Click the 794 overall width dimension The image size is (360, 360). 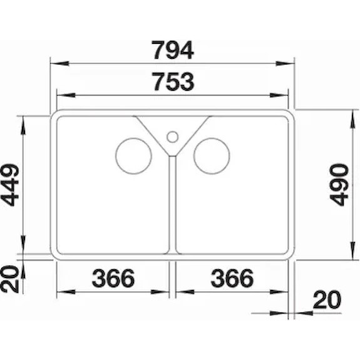173,50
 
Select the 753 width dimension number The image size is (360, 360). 174,81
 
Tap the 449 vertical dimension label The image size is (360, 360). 10,185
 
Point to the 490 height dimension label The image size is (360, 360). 339,185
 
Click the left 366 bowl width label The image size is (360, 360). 113,278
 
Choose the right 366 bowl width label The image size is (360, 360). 232,278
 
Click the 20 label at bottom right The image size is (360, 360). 327,300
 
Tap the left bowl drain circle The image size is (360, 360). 133,156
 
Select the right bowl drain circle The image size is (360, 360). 212,156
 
